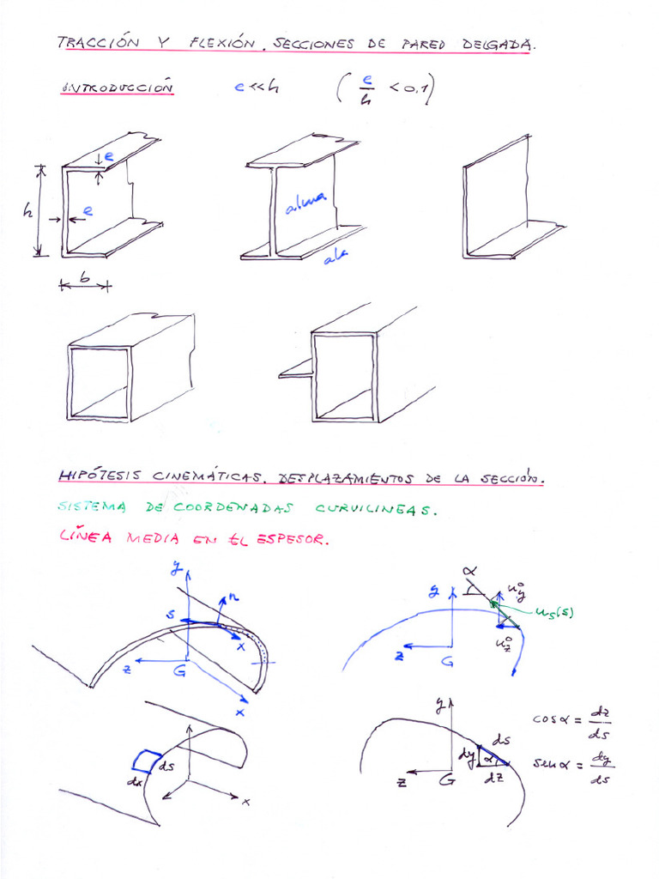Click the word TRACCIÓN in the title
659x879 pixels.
tap(90, 42)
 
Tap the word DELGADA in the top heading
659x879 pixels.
tap(498, 44)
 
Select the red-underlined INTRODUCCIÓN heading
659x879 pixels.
tap(119, 88)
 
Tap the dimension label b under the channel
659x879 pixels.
tap(83, 276)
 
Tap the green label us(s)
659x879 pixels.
tap(553, 611)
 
